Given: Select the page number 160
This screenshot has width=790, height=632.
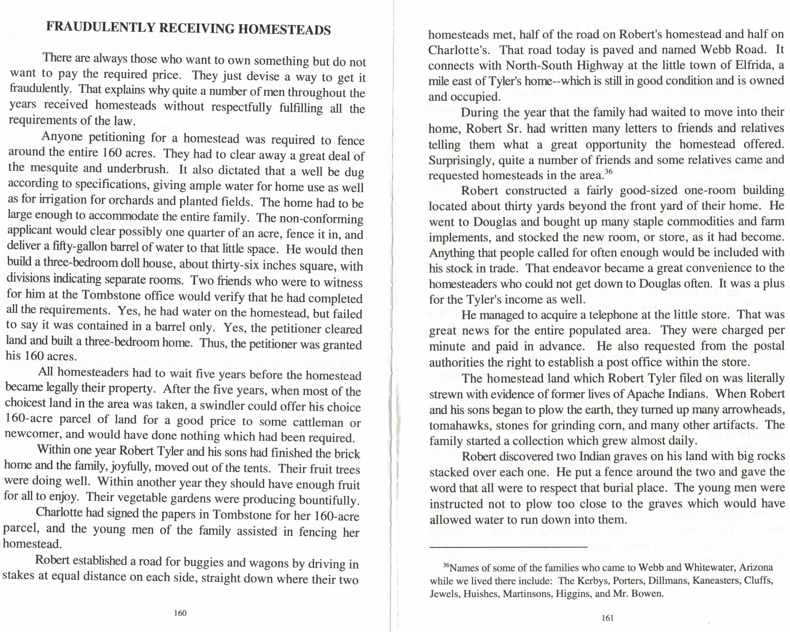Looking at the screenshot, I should point(180,613).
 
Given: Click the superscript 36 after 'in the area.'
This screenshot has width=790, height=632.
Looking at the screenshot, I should point(608,171).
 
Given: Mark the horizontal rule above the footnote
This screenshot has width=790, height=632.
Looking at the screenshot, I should point(508,548).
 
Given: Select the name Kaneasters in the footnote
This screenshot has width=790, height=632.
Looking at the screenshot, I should point(709,581).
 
